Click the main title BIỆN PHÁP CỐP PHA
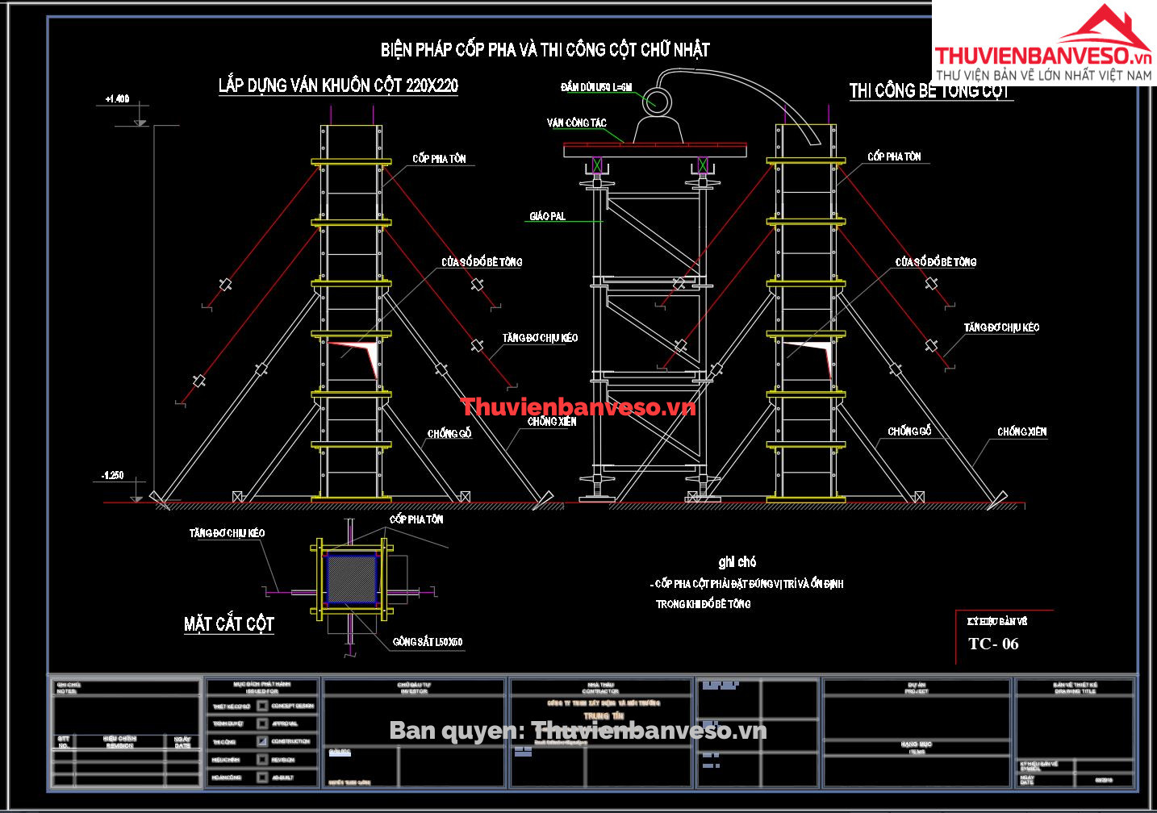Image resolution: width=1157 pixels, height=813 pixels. click(545, 50)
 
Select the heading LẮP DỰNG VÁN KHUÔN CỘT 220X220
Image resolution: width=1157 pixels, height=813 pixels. click(338, 85)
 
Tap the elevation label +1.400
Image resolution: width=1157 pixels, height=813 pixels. click(117, 99)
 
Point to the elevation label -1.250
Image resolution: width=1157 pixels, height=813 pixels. click(113, 476)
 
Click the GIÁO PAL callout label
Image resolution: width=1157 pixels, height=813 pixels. click(547, 216)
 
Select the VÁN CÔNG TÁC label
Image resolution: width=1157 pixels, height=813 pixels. click(576, 123)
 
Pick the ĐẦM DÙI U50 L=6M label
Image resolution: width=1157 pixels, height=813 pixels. click(596, 87)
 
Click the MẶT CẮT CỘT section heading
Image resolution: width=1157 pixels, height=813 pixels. click(229, 623)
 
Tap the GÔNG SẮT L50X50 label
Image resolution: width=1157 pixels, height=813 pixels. click(428, 642)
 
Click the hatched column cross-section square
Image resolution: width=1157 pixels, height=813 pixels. click(352, 578)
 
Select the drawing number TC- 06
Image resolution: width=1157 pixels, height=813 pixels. click(993, 644)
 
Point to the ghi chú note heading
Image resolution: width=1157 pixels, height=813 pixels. click(737, 562)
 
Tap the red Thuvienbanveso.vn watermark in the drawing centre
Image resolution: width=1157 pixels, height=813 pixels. click(577, 407)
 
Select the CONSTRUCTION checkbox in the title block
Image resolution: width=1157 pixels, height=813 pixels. click(262, 741)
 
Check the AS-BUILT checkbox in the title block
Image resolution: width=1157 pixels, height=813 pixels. click(262, 778)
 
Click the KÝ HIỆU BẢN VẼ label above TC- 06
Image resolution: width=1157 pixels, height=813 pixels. click(997, 621)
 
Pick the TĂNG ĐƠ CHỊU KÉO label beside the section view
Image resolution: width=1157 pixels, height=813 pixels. click(227, 533)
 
